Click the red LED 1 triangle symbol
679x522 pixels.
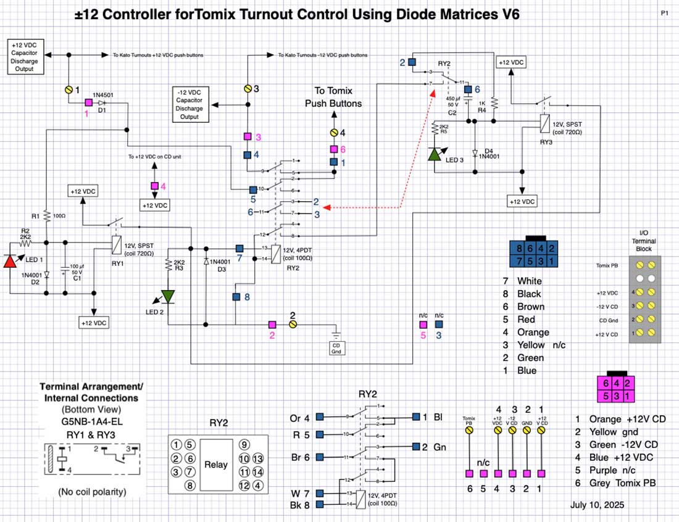10,260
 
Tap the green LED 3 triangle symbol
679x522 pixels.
435,153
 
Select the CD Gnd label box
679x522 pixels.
336,349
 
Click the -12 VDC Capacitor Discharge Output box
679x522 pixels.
190,104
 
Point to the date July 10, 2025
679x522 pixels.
597,504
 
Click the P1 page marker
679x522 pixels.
664,12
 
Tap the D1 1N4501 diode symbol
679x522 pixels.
101,103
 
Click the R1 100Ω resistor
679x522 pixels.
47,216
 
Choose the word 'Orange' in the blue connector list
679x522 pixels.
533,332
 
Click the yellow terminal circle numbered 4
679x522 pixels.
334,133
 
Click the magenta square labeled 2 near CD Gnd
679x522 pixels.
272,324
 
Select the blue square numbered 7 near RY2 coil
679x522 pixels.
240,247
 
